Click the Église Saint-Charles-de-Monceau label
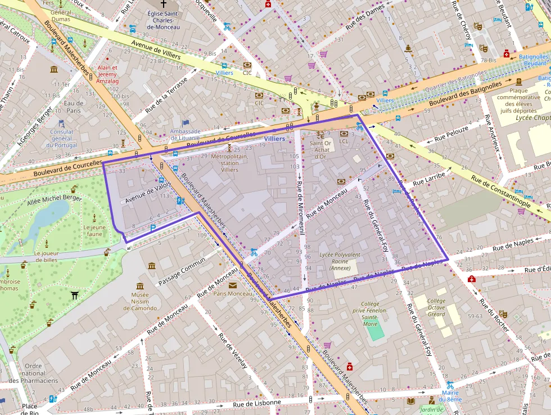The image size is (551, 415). pyautogui.click(x=163, y=20)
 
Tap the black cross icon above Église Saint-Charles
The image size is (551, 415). pyautogui.click(x=163, y=3)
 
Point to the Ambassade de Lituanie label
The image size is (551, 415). pyautogui.click(x=185, y=135)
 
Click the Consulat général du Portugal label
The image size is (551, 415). pyautogui.click(x=61, y=139)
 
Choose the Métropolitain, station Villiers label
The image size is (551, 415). pyautogui.click(x=229, y=163)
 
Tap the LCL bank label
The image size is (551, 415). pyautogui.click(x=344, y=141)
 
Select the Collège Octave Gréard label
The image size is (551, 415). pyautogui.click(x=436, y=307)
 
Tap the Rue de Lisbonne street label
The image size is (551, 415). pyautogui.click(x=256, y=403)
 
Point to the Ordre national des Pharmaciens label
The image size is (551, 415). pyautogui.click(x=33, y=373)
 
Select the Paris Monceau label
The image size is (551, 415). pyautogui.click(x=233, y=293)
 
